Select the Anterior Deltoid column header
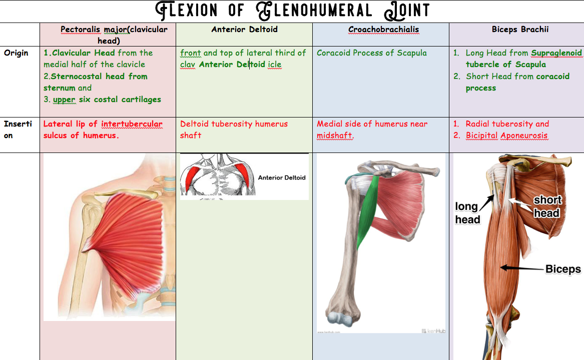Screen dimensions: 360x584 tap(244, 29)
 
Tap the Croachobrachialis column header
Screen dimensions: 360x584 tap(383, 29)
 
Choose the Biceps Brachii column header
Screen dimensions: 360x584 tap(520, 29)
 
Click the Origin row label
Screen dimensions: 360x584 tap(16, 53)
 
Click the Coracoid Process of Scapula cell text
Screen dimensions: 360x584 tap(372, 53)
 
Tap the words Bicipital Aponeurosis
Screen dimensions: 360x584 tap(506, 135)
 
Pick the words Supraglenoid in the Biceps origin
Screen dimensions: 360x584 tap(556, 53)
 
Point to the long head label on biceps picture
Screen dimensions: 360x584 tap(467, 213)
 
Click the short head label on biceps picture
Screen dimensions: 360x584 tap(546, 206)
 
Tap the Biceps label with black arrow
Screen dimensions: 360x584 tap(563, 269)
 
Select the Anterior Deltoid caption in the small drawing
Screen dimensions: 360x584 tap(282, 177)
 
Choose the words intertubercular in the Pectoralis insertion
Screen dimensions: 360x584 tap(132, 124)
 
